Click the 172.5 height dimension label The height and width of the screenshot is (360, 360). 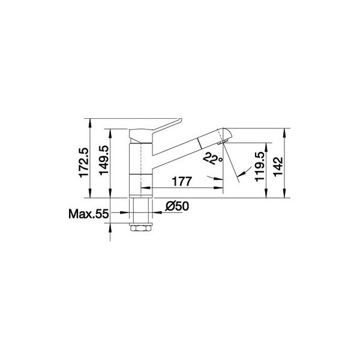tap(83, 163)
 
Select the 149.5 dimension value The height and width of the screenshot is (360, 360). tap(104, 160)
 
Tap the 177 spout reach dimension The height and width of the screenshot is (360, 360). tap(182, 181)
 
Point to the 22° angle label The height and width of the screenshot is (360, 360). tap(212, 158)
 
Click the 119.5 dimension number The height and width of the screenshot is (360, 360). tap(260, 167)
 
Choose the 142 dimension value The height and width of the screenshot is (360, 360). tap(278, 167)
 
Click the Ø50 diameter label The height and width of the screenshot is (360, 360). tap(177, 206)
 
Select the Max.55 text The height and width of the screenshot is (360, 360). tap(88, 214)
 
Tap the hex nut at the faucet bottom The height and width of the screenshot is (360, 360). tap(141, 228)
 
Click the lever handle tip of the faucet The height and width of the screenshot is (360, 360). tap(180, 120)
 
